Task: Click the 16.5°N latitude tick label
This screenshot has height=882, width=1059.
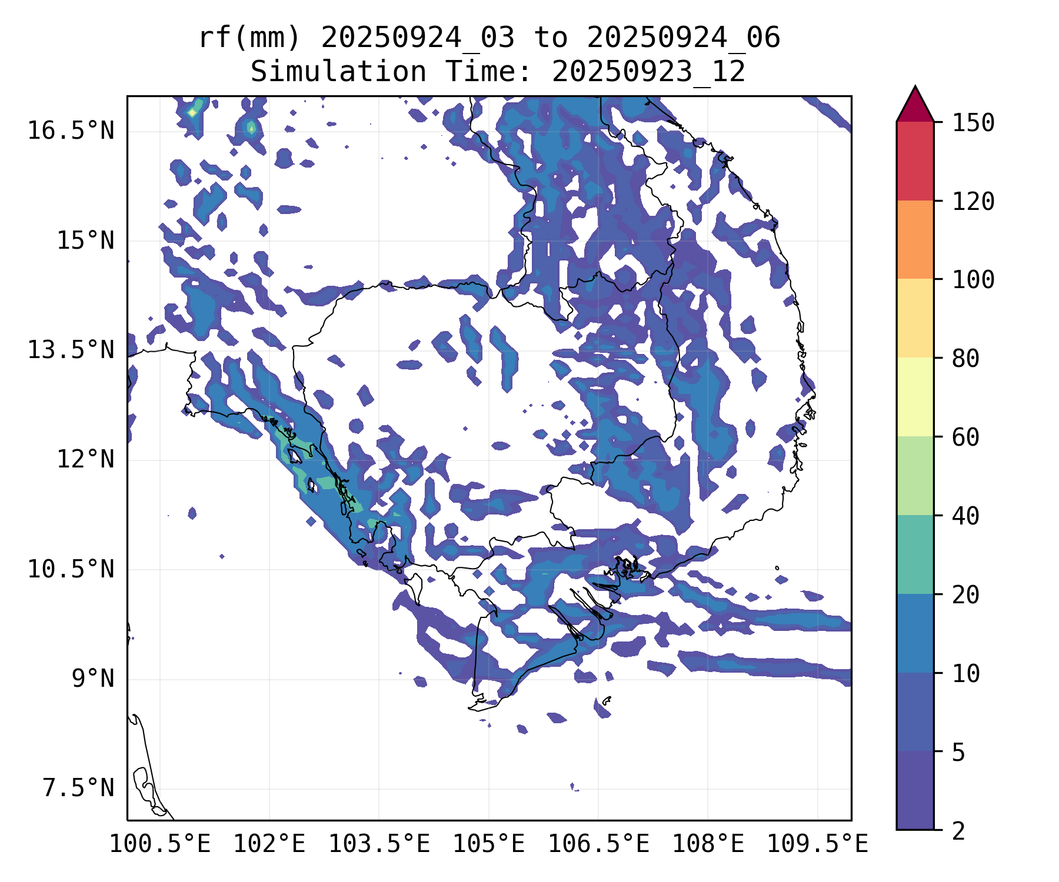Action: coord(71,131)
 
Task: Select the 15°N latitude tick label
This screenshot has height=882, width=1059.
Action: coord(85,240)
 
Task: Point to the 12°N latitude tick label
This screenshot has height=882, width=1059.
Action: coord(85,459)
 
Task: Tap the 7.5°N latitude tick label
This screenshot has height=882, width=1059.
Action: coord(78,789)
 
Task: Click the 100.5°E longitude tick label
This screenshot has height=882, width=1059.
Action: coord(160,844)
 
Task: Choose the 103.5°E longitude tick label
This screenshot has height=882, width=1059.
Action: coord(379,844)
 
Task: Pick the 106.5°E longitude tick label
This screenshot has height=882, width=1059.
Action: coord(598,844)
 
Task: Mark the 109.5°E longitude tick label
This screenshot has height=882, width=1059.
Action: coord(817,844)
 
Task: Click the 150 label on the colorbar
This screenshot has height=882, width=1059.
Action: coord(973,123)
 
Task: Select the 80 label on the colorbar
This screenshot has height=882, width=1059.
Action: coord(965,359)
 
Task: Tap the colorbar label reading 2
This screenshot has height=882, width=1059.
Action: coord(958,831)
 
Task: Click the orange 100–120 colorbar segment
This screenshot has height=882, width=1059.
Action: coord(915,239)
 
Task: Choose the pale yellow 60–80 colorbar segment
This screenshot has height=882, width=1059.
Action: coord(915,396)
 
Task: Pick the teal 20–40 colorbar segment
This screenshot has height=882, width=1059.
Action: coord(915,554)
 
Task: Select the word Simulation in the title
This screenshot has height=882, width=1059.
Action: coord(338,72)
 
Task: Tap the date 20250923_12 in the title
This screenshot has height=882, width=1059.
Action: coord(648,72)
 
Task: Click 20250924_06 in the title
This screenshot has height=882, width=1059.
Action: coord(684,38)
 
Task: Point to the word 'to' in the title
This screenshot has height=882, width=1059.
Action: coord(551,38)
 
